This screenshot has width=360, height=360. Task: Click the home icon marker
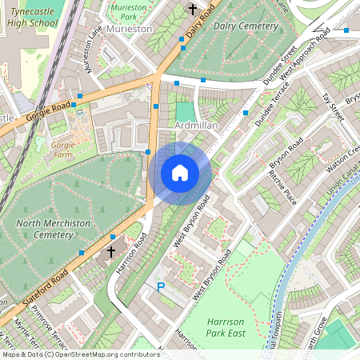[x=180, y=172]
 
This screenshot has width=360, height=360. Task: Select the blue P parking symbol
[x=160, y=286]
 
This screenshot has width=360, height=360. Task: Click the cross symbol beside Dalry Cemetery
[x=192, y=9]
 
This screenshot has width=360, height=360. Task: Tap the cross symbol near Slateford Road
[x=112, y=240]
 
